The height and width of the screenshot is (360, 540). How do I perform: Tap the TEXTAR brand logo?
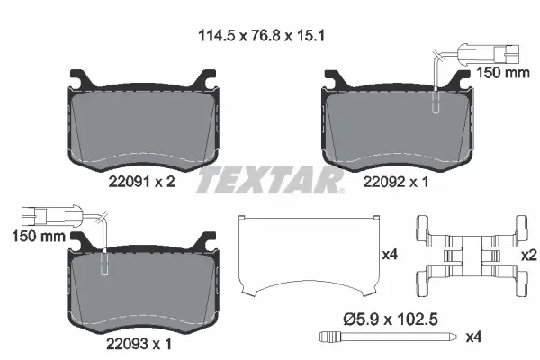tap(270, 180)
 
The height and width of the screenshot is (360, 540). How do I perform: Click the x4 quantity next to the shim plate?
tap(390, 255)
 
